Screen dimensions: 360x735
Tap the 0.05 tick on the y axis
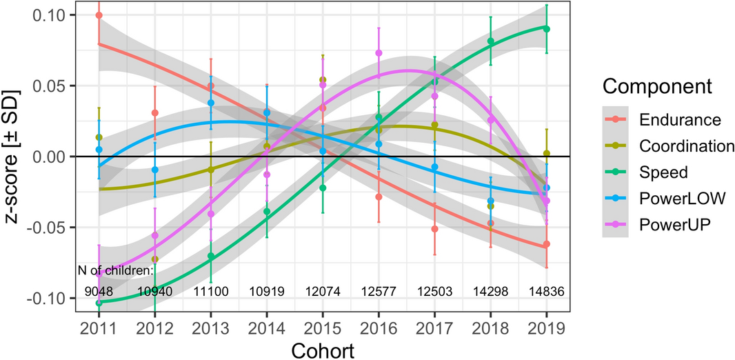(x=49, y=86)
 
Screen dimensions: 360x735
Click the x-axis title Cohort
(x=323, y=349)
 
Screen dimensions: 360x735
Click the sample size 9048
(x=99, y=292)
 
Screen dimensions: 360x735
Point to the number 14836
(x=547, y=292)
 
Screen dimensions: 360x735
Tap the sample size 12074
(x=323, y=292)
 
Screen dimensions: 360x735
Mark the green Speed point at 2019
(x=547, y=29)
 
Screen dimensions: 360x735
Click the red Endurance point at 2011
(x=99, y=15)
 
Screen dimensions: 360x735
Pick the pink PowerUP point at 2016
(x=379, y=53)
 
